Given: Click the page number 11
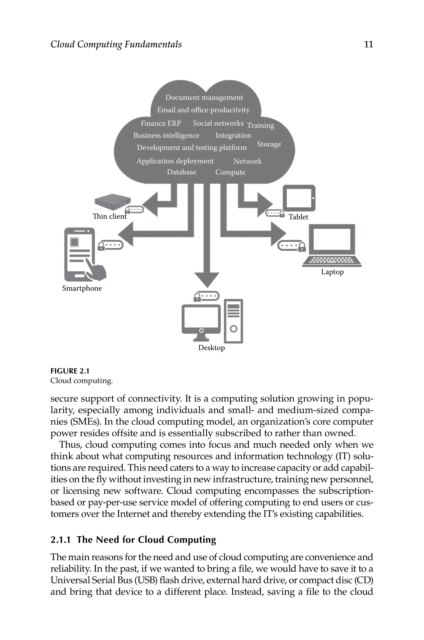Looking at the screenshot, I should coord(368,44).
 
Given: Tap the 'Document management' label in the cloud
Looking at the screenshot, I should coord(204,97).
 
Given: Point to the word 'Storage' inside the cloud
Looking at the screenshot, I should coord(269,144).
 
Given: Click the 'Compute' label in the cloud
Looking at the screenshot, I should coord(230,172).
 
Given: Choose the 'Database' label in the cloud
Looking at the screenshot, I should coord(181,172).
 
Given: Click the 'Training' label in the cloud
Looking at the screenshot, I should coord(260,125).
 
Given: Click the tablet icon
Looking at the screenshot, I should coord(299,198).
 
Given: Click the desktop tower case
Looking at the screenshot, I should coord(234,321).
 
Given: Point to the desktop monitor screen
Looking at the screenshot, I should coord(201,317).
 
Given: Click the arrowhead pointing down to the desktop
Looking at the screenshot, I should coord(207,279).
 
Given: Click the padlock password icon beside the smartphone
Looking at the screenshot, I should coord(110,245).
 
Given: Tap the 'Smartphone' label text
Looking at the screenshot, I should coord(82,288).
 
